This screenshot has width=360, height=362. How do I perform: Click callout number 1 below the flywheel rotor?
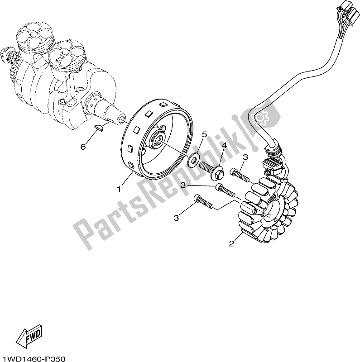pos(119,190)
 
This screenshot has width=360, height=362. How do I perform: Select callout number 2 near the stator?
pos(231,243)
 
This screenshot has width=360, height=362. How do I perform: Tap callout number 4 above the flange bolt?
pos(224,146)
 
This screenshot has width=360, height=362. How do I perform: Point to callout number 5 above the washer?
pos(204,134)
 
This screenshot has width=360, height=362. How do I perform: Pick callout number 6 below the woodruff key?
pos(83,146)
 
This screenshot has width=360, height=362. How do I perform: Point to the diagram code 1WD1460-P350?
pos(33,359)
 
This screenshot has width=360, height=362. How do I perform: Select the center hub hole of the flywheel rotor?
pos(160,140)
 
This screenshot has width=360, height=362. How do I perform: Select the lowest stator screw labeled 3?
pos(204,202)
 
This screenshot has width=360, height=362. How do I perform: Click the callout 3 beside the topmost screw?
pos(245,157)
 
